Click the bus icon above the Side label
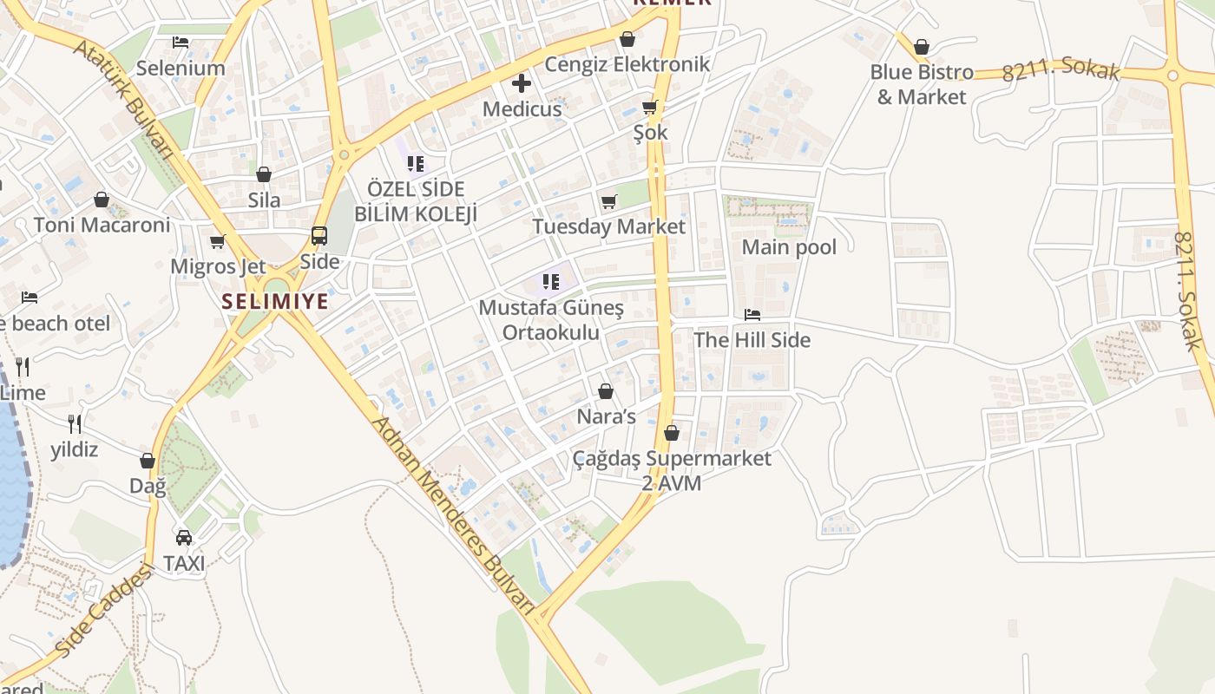(x=319, y=236)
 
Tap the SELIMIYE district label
(x=275, y=301)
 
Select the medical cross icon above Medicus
(x=522, y=84)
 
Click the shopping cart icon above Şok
(x=650, y=108)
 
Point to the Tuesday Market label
(x=608, y=226)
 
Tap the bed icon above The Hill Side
(x=752, y=315)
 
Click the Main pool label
(x=789, y=247)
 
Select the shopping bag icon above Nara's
(x=606, y=392)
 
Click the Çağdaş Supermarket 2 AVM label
(x=672, y=470)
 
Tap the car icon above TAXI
(x=184, y=538)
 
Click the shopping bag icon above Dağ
(x=148, y=461)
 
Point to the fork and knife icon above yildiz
(x=75, y=424)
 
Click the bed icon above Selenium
(x=181, y=42)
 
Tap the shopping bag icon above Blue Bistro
(x=922, y=47)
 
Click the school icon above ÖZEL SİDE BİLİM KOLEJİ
(x=415, y=163)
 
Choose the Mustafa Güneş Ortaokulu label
(x=551, y=320)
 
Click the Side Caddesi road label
(x=102, y=610)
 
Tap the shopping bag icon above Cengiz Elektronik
(x=627, y=39)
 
